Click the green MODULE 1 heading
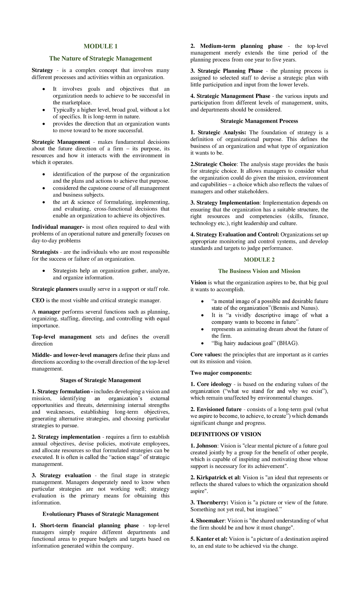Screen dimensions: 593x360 coord(100,46)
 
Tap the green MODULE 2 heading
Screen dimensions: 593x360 coord(259,260)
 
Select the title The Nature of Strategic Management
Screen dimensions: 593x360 coord(100,59)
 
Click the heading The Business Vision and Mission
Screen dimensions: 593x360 coord(259,271)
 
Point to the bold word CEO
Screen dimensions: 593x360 coord(37,300)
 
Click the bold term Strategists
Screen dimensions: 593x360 coord(45,252)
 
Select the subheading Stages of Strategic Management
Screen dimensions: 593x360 coord(100,380)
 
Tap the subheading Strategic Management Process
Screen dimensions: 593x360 coord(259,121)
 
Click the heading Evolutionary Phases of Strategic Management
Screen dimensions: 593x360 coord(100,514)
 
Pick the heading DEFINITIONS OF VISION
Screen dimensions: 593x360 coord(226,434)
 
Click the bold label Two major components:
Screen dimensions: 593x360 coord(221,373)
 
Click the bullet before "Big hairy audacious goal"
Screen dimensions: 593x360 coord(203,343)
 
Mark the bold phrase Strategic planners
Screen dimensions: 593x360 coord(55,289)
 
